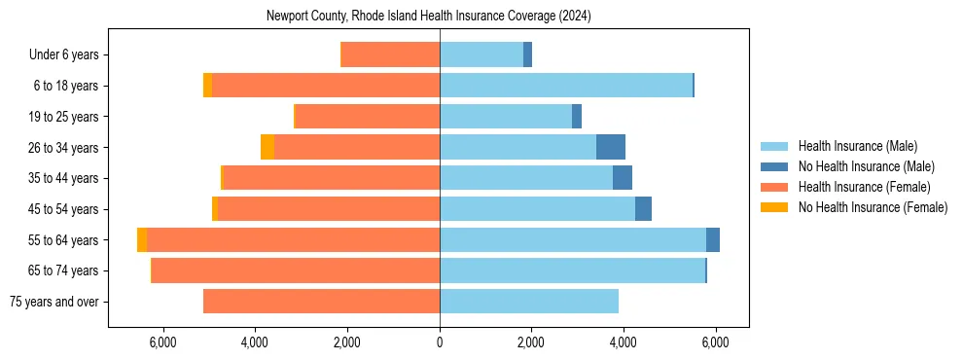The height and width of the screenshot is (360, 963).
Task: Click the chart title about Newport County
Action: click(428, 17)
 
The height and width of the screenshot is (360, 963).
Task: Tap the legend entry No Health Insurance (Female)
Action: click(873, 207)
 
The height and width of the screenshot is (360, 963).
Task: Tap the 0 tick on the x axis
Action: click(440, 342)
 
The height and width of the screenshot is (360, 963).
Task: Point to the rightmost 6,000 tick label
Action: click(715, 342)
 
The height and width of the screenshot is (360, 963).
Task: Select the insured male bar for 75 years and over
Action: click(529, 302)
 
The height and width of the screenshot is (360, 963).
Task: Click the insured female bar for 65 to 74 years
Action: click(296, 270)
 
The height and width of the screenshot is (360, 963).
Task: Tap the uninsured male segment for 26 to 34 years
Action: click(611, 147)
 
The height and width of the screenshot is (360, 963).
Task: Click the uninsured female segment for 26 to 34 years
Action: click(267, 147)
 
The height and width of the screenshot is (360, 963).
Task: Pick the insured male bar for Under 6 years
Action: click(481, 55)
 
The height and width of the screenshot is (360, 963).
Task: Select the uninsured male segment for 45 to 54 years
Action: click(643, 209)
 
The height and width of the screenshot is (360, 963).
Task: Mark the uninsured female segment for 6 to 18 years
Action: click(207, 86)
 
